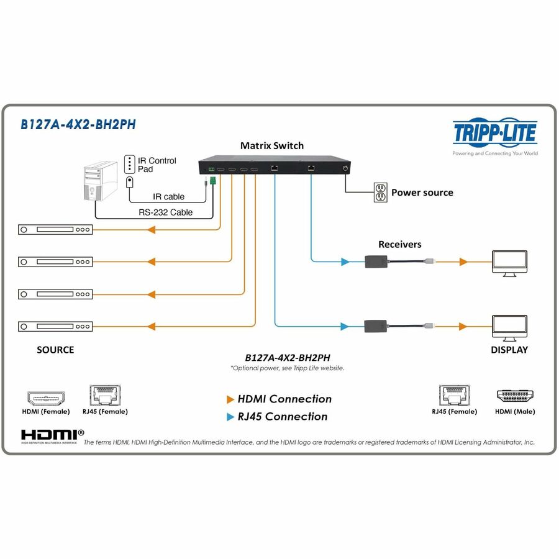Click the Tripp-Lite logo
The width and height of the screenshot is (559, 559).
494,133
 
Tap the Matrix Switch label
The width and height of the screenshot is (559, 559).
272,145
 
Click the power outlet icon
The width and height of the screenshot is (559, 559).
380,193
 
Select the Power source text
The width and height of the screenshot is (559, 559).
422,193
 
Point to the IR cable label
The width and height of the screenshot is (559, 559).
169,197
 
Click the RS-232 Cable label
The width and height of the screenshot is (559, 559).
165,212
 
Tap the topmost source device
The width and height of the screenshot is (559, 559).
55,230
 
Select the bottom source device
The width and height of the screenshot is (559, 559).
55,326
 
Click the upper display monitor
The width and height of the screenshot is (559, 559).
509,263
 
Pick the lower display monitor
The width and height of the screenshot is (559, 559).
509,328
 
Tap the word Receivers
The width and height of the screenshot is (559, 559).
399,244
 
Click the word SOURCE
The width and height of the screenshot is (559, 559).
55,350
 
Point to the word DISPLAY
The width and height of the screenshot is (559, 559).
509,350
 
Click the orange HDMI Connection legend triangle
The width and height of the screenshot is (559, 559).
230,399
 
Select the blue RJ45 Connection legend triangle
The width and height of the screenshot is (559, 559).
230,417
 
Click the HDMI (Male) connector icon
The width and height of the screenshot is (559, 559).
515,396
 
